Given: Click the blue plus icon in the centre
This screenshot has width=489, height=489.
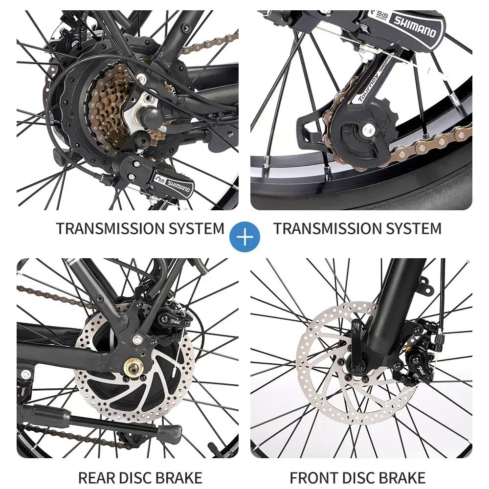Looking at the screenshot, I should point(245,236).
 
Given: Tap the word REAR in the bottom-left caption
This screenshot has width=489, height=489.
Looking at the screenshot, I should point(98,477).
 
